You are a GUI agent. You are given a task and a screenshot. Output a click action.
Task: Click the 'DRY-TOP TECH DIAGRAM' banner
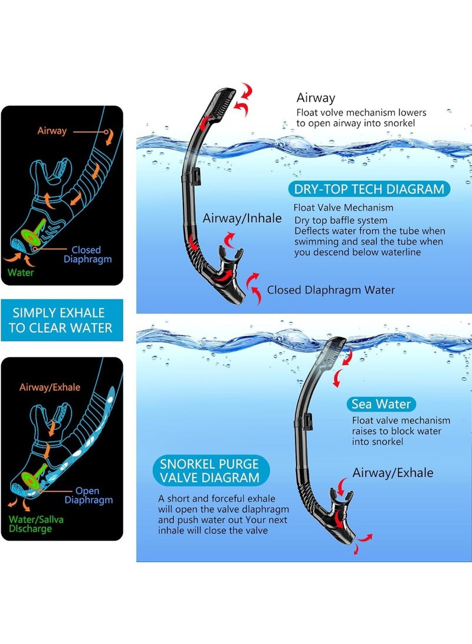(x=369, y=189)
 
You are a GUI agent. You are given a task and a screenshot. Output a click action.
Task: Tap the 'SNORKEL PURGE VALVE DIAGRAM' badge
(x=211, y=470)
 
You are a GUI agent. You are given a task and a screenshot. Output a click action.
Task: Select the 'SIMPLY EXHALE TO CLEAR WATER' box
(x=62, y=321)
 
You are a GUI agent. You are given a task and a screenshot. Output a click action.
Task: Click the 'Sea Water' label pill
(x=381, y=404)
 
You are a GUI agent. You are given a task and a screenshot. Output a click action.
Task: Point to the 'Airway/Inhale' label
(x=242, y=218)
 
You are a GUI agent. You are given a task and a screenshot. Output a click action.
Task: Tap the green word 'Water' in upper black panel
(x=21, y=272)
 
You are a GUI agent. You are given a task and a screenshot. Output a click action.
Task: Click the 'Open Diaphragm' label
(x=88, y=495)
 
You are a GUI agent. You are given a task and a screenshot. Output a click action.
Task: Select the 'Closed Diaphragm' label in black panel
(x=87, y=254)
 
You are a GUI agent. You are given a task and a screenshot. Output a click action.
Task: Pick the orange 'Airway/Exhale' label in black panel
(x=50, y=387)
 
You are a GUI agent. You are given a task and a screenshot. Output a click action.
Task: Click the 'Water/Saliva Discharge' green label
(x=36, y=524)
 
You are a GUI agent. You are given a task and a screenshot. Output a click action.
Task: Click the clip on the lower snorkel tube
(x=308, y=422)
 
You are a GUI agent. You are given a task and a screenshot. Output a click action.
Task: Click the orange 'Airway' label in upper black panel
(x=52, y=130)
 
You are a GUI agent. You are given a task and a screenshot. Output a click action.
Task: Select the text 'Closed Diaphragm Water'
(x=331, y=290)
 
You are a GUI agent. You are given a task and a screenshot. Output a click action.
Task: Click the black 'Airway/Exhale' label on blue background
(x=393, y=473)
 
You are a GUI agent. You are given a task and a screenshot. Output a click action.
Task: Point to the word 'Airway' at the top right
(x=316, y=98)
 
